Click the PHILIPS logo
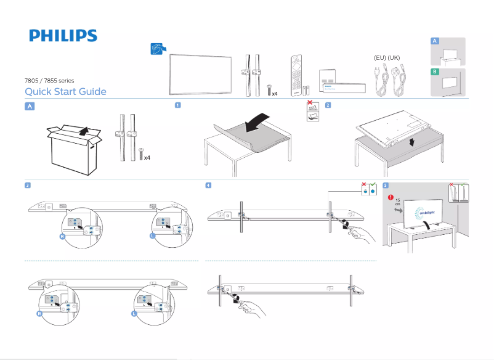pyautogui.click(x=63, y=35)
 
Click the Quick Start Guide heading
pyautogui.click(x=65, y=92)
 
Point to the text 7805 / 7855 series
pyautogui.click(x=49, y=80)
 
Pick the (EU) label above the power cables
pyautogui.click(x=379, y=57)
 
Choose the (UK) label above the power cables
pyautogui.click(x=394, y=57)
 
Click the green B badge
pyautogui.click(x=435, y=72)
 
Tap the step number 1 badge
pyautogui.click(x=177, y=105)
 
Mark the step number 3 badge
pyautogui.click(x=28, y=185)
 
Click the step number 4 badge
pyautogui.click(x=209, y=185)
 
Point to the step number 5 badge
pyautogui.click(x=385, y=185)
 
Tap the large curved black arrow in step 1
pyautogui.click(x=257, y=122)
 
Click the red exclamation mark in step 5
pyautogui.click(x=391, y=197)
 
